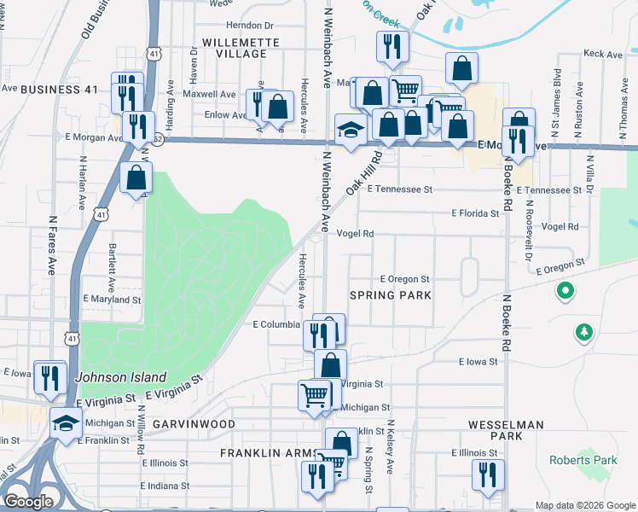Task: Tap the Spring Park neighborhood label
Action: coord(391,295)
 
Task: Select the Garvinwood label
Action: coord(194,423)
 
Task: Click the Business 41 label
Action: coord(60,90)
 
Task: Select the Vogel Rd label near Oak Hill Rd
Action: coord(356,233)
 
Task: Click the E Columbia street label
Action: coord(276,324)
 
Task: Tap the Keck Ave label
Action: coord(603,54)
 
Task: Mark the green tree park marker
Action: coord(584,331)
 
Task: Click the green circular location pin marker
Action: coord(564,293)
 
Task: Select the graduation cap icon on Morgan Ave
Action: coord(351,129)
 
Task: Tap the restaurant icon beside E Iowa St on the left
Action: coord(49,375)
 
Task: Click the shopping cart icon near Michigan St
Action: coord(314,395)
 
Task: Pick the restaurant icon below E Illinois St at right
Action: coord(488,474)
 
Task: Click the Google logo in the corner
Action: coord(28,502)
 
